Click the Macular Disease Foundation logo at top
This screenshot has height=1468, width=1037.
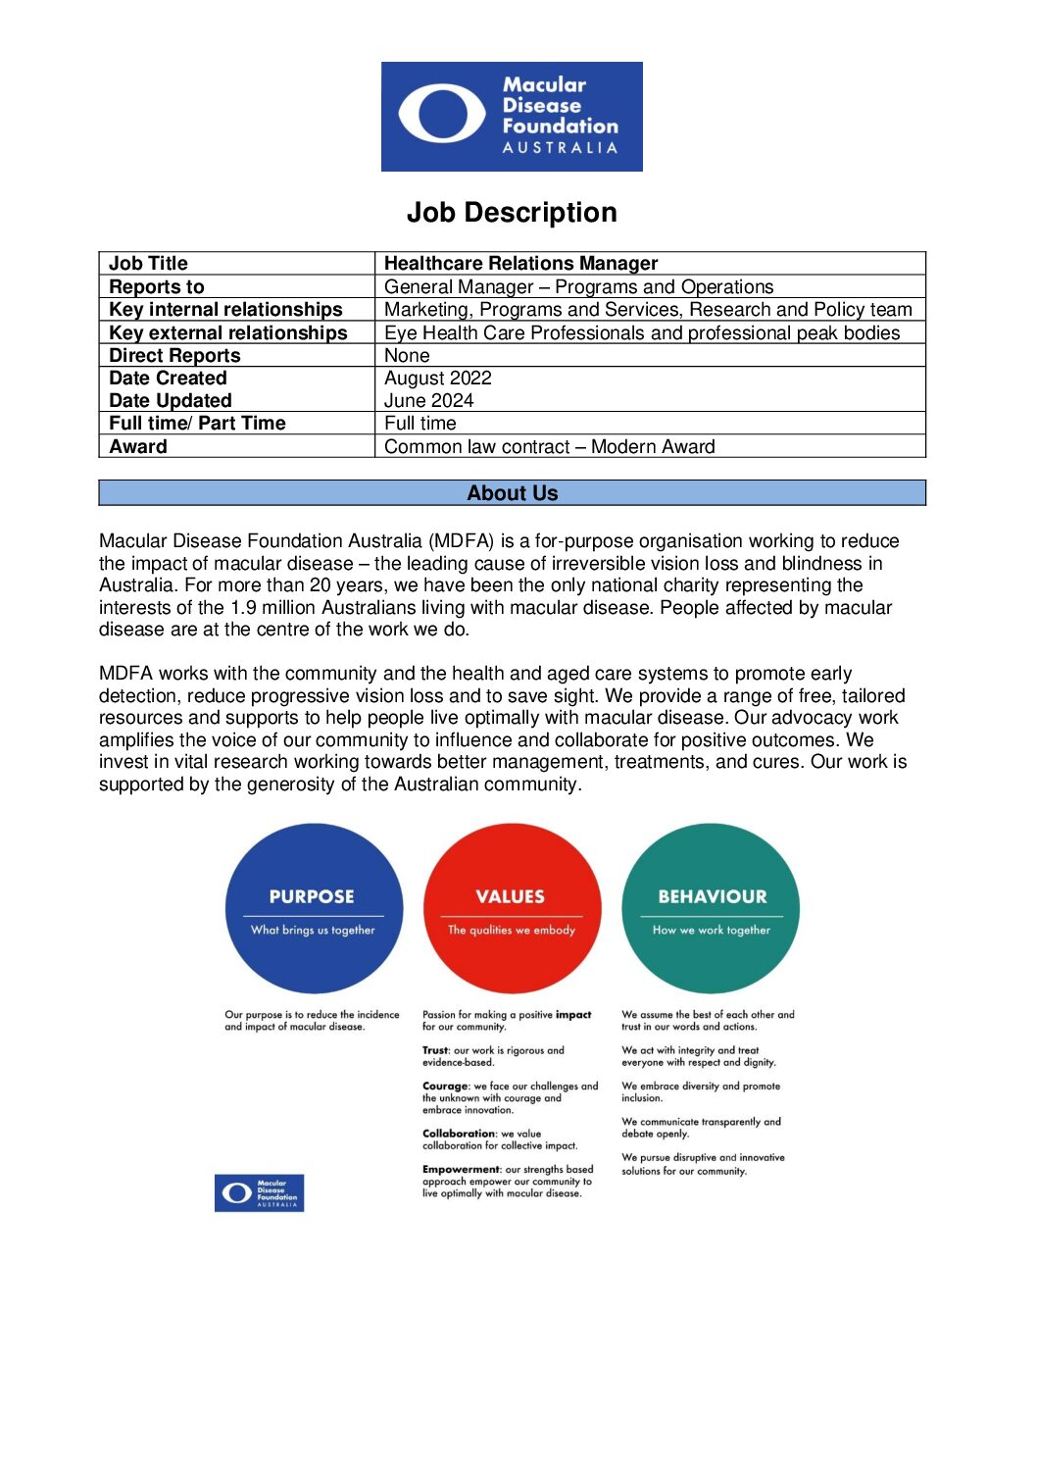(x=512, y=117)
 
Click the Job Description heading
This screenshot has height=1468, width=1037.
(x=512, y=213)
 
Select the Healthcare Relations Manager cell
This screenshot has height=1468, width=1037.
(x=520, y=263)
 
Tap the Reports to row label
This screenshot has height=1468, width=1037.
(x=157, y=286)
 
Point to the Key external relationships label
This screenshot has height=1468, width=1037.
(x=228, y=332)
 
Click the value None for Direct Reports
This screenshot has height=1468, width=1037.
(x=407, y=355)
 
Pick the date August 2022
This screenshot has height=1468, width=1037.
(x=438, y=378)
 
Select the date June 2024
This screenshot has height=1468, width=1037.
(x=428, y=400)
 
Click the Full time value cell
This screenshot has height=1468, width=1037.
(x=420, y=423)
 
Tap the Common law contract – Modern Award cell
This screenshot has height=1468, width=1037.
(x=549, y=446)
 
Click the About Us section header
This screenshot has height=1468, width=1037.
(x=512, y=493)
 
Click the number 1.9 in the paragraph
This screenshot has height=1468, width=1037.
(x=244, y=608)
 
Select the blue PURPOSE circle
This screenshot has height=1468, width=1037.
(x=314, y=908)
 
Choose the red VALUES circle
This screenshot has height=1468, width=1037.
(x=512, y=908)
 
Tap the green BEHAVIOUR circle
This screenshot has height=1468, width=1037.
(x=711, y=908)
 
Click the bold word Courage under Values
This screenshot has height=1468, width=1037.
(x=445, y=1087)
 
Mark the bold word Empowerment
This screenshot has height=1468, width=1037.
(x=461, y=1169)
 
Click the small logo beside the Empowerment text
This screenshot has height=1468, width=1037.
(x=259, y=1192)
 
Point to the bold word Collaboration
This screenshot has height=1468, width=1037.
(x=459, y=1134)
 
